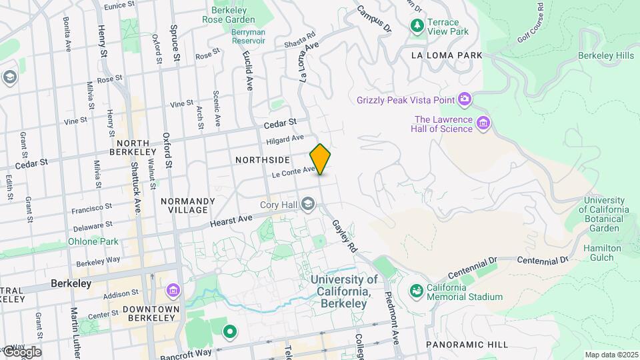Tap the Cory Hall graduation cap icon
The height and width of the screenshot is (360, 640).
pyautogui.click(x=307, y=203)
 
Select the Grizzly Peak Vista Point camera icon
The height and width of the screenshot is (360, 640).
pyautogui.click(x=465, y=100)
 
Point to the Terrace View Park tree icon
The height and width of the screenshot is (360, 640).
pyautogui.click(x=417, y=25)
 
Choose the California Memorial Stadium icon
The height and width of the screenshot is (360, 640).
pyautogui.click(x=417, y=291)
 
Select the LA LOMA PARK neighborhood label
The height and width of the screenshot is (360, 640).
pyautogui.click(x=446, y=55)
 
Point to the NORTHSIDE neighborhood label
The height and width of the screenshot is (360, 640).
pyautogui.click(x=263, y=160)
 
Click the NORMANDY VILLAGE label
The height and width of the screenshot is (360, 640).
pyautogui.click(x=187, y=205)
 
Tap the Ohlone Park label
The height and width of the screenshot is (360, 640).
pyautogui.click(x=93, y=241)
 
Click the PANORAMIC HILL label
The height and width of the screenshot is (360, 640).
pyautogui.click(x=466, y=344)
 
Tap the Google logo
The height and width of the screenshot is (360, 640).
pyautogui.click(x=21, y=352)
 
